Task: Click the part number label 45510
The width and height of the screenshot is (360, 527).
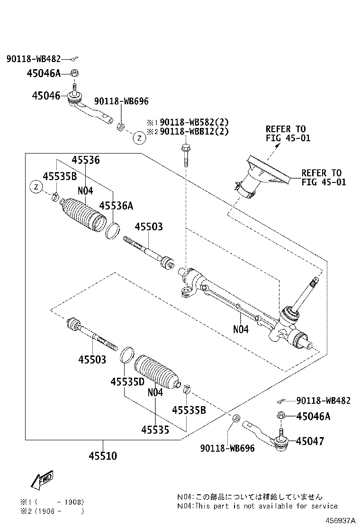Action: pos(102,456)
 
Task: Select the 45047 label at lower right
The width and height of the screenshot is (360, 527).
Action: pos(310,441)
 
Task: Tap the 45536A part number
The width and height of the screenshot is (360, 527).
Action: pos(116,205)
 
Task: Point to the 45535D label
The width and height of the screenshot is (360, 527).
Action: pos(127,381)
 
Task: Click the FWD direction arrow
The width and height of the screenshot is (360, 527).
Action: pos(42,480)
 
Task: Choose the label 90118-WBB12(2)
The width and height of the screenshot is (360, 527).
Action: pos(194,132)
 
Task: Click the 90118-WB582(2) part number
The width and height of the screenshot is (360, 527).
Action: pos(194,121)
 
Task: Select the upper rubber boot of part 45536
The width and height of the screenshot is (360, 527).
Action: pos(82,216)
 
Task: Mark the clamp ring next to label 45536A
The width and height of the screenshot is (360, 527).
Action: pos(112,232)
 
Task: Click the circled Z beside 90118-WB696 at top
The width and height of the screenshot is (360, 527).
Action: pos(139,138)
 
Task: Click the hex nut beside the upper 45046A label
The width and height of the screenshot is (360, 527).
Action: pos(74,73)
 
